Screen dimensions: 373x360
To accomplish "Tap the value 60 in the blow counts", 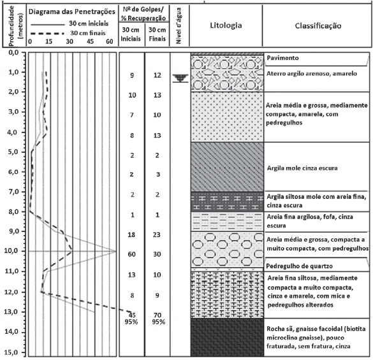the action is point(131,254).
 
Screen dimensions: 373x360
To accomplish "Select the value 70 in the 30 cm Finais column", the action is point(157,315).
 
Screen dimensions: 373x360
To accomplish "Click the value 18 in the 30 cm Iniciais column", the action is point(131,234).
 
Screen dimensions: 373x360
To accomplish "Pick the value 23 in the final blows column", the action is point(157,234).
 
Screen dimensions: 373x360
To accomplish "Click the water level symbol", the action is point(180,78).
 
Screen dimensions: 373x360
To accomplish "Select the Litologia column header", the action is point(226,25).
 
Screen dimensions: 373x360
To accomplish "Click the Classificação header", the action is point(318,25).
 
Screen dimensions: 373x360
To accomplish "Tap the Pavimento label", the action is point(282,58).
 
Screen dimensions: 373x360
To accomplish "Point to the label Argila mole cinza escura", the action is point(302,168).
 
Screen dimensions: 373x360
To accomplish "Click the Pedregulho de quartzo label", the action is point(299,266).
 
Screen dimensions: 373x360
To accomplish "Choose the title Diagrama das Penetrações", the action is point(72,11).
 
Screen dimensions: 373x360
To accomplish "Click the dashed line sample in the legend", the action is point(48,34).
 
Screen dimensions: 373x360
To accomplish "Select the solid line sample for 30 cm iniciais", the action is point(48,24).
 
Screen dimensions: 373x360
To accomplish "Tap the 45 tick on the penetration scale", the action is point(90,41).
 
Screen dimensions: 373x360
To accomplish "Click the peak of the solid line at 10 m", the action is point(116,251).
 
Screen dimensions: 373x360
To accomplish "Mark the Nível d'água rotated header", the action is point(179,25).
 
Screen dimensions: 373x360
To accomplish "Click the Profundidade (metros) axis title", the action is point(16,25).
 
